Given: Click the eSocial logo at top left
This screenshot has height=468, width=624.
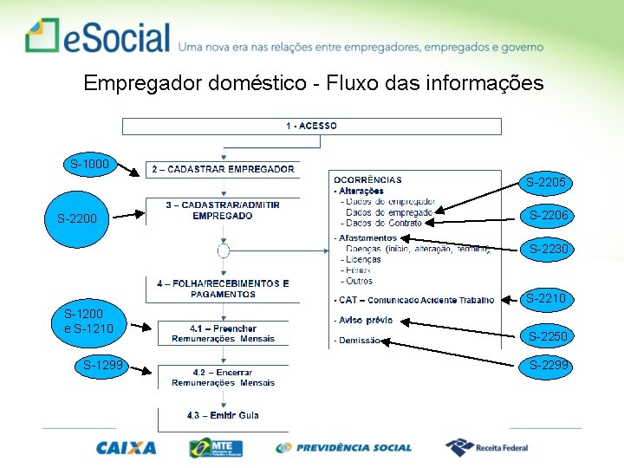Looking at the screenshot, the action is coord(98,36).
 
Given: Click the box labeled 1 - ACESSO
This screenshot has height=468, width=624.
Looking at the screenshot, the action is coord(312,127).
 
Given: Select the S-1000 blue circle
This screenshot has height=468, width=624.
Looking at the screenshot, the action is coord(90,164).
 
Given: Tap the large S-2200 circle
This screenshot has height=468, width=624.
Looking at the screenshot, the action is coord(78,219).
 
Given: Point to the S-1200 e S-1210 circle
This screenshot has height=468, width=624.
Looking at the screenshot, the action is coord(84,321).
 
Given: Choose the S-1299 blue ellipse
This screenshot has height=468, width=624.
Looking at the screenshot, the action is coord(102,366).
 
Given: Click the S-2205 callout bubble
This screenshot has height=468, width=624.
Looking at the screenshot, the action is coord(547,183).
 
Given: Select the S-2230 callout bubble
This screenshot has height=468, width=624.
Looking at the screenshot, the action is coord(549,250).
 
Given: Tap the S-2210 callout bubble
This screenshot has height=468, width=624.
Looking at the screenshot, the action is coord(546,299).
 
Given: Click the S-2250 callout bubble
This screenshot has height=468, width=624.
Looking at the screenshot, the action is coord(548,336).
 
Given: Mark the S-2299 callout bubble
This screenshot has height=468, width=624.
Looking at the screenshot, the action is coord(549,366).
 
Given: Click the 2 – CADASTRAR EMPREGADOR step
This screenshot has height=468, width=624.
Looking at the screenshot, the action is coord(224,169).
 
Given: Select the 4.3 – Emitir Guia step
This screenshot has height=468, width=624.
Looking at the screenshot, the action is coord(223,416).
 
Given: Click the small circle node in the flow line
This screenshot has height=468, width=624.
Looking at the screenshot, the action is coord(223,251).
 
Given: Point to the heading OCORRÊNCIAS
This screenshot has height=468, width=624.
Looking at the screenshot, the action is coord(367,179).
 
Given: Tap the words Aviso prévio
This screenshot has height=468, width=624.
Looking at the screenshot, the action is coord(365,321).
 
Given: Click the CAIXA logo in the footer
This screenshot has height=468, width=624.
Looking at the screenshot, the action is coord(127,448).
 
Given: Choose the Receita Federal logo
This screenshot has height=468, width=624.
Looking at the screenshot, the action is coord(486,448).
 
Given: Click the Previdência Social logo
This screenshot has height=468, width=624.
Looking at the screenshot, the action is coord(344,448).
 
